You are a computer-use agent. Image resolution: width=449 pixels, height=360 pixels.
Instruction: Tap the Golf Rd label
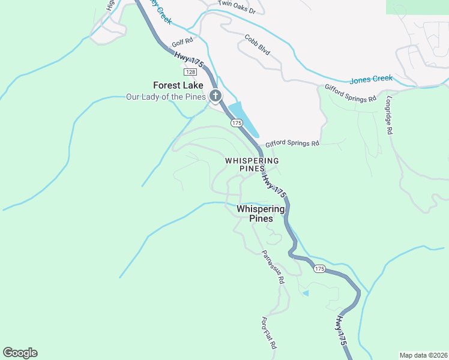(181, 43)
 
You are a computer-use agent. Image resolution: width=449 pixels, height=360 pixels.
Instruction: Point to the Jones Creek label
(371, 79)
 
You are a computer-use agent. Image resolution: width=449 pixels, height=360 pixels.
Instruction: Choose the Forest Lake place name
(178, 85)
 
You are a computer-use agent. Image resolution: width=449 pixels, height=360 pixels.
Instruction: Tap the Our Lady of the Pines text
(166, 97)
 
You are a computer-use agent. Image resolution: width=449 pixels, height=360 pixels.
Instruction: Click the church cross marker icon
(215, 95)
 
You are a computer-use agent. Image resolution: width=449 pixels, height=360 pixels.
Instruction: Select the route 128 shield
(190, 72)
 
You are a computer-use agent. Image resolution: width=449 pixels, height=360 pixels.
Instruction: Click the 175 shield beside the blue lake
(236, 122)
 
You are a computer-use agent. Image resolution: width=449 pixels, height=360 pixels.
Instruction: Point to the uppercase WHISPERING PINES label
(252, 165)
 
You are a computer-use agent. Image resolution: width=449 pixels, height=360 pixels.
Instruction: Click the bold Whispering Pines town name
(261, 214)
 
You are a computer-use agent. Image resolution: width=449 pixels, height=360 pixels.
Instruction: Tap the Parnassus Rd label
(272, 267)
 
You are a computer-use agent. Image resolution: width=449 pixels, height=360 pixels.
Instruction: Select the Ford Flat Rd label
(270, 332)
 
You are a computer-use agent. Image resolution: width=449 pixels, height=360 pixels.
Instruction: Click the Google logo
(20, 353)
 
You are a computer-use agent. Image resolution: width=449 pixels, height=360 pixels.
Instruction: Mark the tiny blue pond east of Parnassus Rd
(306, 293)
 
